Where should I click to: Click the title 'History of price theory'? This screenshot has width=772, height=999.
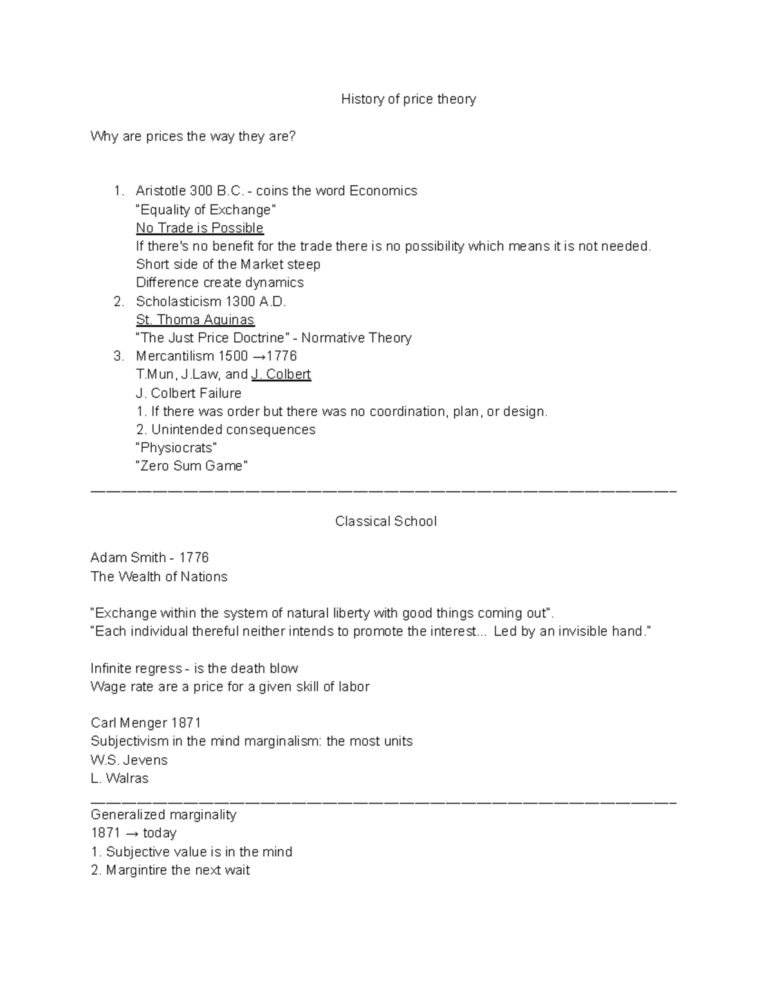click(408, 99)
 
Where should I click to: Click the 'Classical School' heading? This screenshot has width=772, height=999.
click(385, 521)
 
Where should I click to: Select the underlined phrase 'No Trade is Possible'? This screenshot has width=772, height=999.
click(199, 228)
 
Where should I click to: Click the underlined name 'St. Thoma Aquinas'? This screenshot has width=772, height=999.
click(195, 320)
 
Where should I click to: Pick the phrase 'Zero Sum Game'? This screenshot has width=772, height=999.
click(192, 466)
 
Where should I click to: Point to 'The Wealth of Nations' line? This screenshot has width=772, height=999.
click(159, 576)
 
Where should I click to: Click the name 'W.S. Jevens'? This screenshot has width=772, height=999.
click(129, 760)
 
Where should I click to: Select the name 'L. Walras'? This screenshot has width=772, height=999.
click(120, 778)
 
